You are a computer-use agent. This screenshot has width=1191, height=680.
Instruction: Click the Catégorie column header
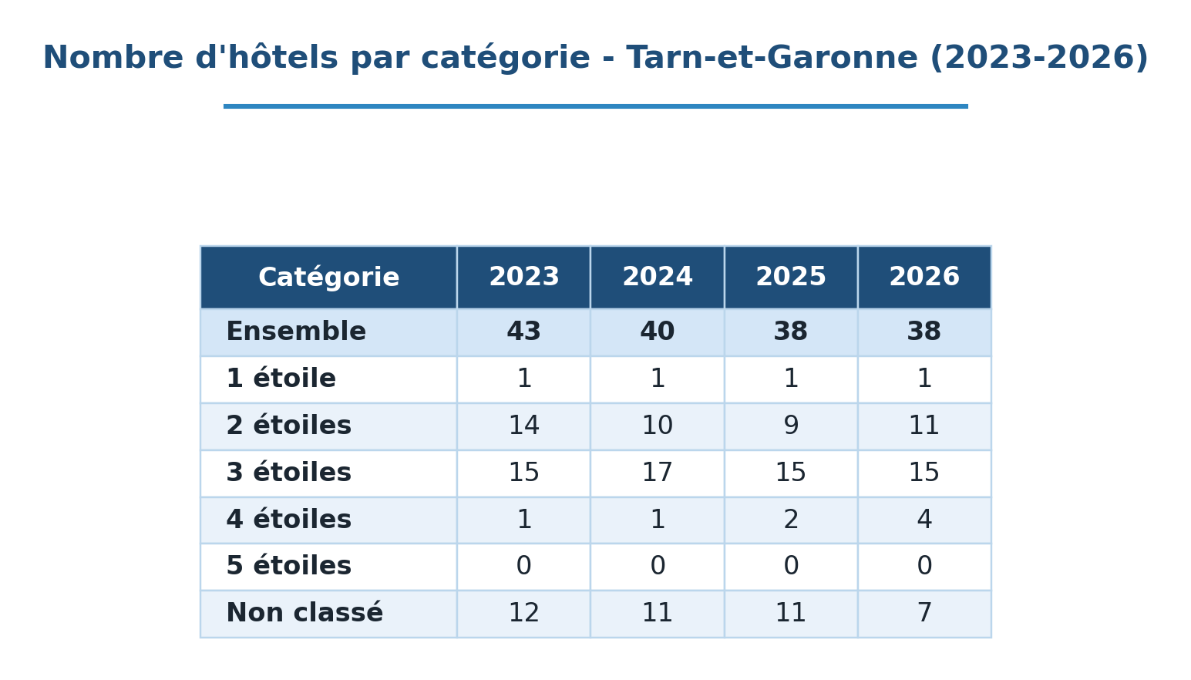pos(328,278)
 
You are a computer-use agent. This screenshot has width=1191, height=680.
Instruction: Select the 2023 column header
pos(523,277)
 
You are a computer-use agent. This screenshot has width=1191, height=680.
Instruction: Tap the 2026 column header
pos(924,277)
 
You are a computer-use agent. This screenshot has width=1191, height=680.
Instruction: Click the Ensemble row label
pos(296,332)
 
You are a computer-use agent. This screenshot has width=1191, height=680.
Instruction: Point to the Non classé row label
pos(304,612)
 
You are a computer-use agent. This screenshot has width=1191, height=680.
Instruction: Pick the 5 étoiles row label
pos(289,566)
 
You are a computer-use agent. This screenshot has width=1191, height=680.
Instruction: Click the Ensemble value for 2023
pos(523,332)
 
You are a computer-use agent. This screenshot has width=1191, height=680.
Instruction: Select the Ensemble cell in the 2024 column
pos(658,332)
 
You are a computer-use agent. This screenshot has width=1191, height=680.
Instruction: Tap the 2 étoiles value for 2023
pos(523,426)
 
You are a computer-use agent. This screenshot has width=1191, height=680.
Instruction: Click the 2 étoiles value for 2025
pos(791,426)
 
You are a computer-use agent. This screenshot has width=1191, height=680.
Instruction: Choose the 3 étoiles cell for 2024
pos(658,473)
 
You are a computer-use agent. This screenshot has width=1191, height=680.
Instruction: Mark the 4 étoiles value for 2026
pos(924,520)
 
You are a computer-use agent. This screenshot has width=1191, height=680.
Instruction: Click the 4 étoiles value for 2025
pos(791,520)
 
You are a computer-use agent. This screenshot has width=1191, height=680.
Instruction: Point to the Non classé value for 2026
pos(924,613)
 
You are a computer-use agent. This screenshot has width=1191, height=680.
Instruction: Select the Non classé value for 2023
pos(523,613)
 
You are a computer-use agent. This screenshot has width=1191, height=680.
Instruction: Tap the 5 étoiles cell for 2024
pos(658,566)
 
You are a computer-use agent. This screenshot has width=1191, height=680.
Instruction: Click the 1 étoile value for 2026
pos(924,379)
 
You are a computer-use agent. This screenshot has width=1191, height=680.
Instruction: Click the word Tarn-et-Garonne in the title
pos(772,57)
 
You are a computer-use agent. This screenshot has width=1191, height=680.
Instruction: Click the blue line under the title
pos(595,106)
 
